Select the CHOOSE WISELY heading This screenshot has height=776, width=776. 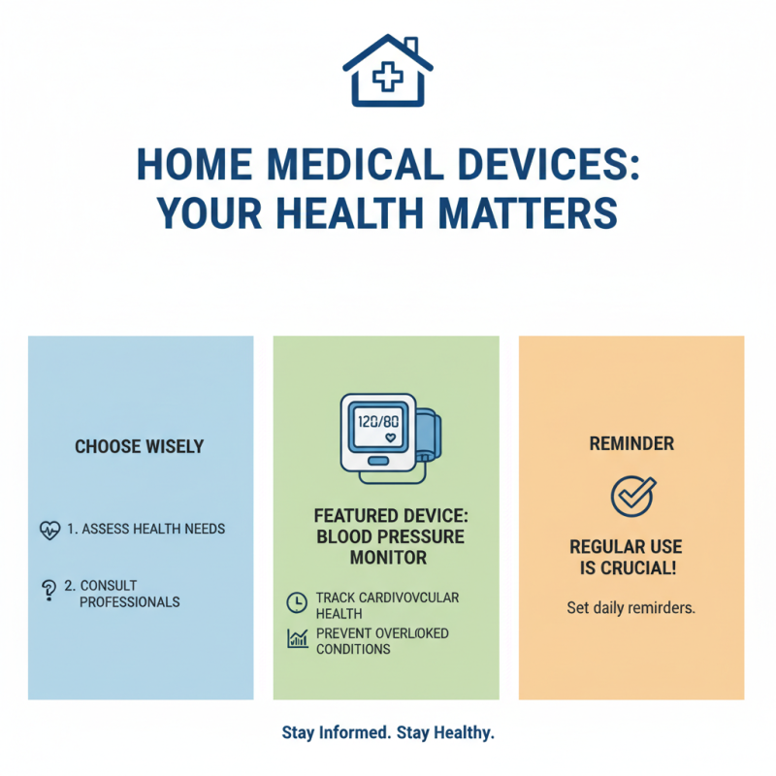[x=140, y=447]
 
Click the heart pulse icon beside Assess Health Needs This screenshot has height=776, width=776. [x=49, y=531]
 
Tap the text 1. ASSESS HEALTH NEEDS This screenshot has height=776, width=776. [x=145, y=530]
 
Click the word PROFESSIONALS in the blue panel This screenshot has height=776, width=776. [x=130, y=602]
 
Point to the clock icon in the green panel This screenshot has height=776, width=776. [x=296, y=602]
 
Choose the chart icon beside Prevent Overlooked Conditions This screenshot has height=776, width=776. [x=296, y=638]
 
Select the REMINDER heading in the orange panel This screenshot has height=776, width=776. [x=631, y=443]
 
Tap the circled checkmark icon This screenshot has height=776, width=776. [x=630, y=496]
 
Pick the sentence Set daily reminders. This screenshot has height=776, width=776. [x=631, y=609]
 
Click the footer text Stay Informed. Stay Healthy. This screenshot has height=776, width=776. [x=388, y=733]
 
